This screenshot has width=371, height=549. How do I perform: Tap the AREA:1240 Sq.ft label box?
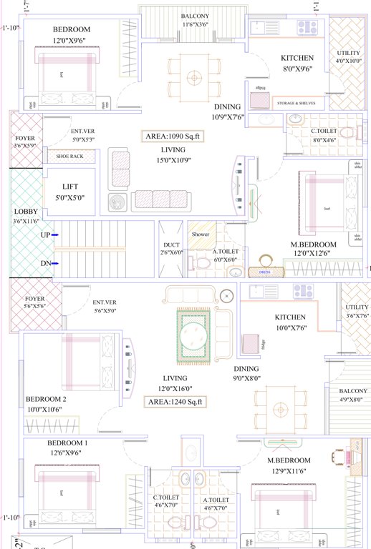click(x=175, y=402)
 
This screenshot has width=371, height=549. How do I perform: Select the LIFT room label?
click(x=69, y=187)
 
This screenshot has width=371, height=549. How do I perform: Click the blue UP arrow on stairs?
click(x=54, y=235)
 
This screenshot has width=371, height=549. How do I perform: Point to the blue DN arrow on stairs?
click(x=54, y=264)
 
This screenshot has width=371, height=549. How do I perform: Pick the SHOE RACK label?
click(x=69, y=157)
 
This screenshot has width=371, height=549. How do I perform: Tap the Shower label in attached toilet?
click(x=200, y=234)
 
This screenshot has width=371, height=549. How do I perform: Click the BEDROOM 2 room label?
click(x=46, y=399)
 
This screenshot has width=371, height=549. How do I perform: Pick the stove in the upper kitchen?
click(x=307, y=27)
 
